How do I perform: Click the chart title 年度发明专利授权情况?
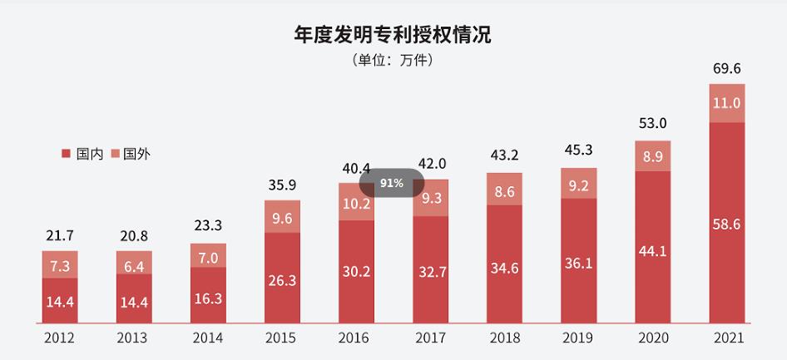tap(393, 34)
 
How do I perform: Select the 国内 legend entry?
tap(82, 154)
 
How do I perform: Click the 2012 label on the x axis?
tap(59, 338)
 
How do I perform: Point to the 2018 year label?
tap(504, 338)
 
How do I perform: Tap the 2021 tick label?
tap(726, 338)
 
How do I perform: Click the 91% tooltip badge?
tap(392, 183)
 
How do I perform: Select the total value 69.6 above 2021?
tap(726, 68)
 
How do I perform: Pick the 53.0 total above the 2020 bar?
tap(652, 124)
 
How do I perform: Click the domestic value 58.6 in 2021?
tap(726, 223)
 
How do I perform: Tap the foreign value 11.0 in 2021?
tap(726, 103)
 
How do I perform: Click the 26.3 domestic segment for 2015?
tap(281, 280)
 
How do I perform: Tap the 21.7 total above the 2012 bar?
tap(59, 237)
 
